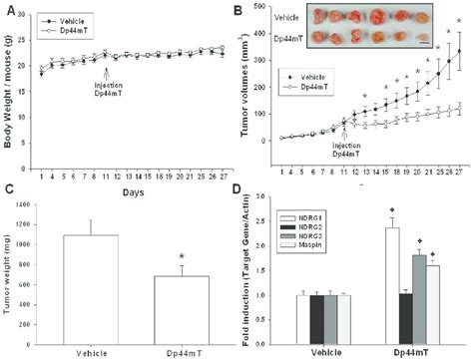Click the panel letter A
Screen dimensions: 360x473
click(x=10, y=10)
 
